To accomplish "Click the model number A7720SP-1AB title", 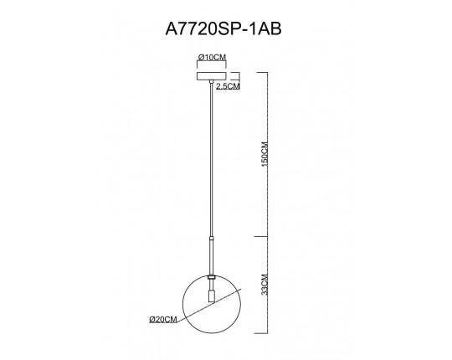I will point(225,28).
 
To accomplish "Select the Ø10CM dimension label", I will point(210,57).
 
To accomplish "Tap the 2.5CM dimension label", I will point(229,86).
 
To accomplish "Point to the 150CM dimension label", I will point(262,156).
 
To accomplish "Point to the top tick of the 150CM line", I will point(268,71).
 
